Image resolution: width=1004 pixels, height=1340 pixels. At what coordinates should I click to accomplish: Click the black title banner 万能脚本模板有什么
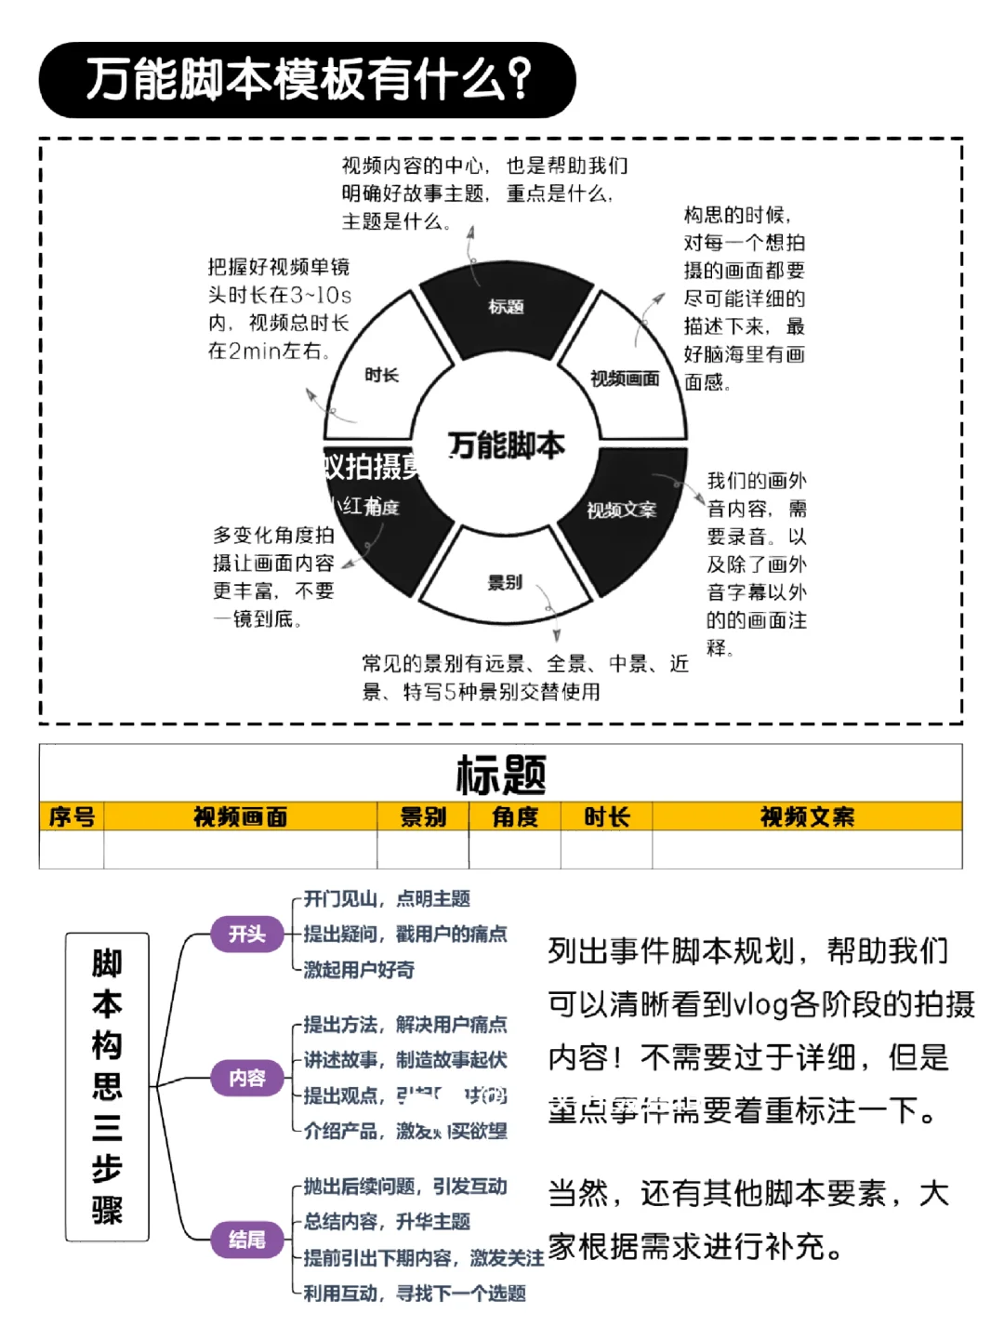[307, 80]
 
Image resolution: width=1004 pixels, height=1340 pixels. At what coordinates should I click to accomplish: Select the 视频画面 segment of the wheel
[625, 377]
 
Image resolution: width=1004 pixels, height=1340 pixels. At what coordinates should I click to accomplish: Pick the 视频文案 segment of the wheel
[621, 510]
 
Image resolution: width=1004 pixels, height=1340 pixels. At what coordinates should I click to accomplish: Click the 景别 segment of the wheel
[505, 582]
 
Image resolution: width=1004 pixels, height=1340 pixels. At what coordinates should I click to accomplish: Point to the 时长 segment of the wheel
[381, 374]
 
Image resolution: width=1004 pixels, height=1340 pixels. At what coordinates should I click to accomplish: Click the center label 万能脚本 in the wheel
[507, 445]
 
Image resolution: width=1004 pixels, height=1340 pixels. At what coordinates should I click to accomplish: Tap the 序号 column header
[72, 816]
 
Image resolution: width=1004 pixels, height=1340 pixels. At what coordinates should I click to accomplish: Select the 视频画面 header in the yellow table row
[240, 816]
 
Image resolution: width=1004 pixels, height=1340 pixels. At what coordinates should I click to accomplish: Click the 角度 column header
[515, 816]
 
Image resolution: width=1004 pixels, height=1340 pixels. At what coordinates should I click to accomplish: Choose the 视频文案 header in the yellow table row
[807, 816]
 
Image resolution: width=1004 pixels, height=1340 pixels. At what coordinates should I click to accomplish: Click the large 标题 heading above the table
[501, 774]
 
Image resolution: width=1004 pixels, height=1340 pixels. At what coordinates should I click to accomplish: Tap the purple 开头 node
[247, 934]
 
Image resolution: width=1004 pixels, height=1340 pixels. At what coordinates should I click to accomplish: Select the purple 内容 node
[247, 1077]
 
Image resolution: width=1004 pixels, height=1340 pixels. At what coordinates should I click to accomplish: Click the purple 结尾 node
[247, 1239]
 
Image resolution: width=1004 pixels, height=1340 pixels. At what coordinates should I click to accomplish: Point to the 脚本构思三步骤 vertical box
[107, 1086]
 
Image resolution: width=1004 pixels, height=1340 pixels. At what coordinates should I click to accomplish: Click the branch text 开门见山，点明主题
[387, 898]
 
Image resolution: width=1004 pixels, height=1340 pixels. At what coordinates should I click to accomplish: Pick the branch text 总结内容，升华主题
[387, 1221]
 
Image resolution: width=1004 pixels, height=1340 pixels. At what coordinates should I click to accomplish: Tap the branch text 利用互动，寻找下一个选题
[415, 1293]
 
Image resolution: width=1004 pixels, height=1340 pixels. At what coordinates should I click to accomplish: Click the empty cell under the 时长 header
[606, 849]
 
